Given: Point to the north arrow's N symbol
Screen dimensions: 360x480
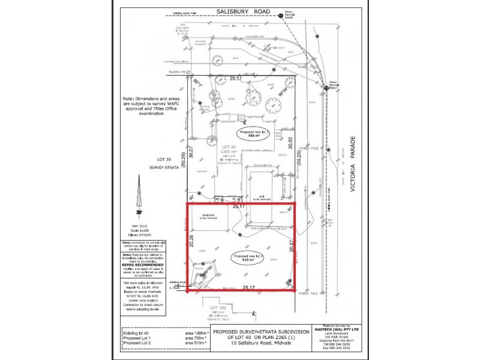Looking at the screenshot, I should click(139, 212).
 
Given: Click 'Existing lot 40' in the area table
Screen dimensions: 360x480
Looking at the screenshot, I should click(136, 332).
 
